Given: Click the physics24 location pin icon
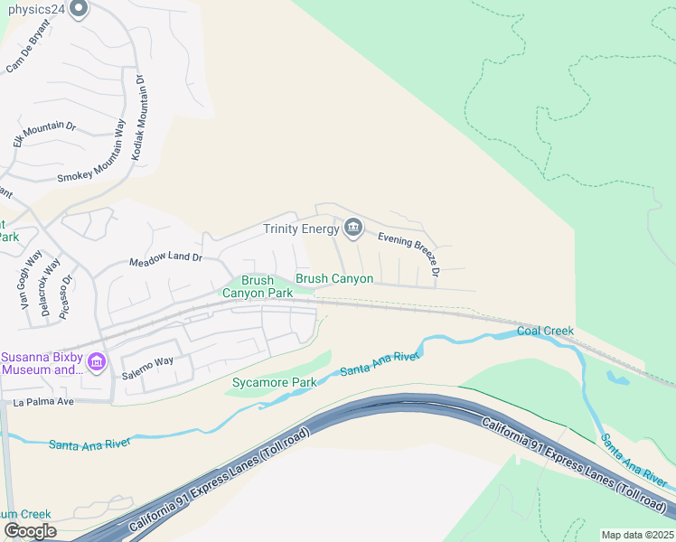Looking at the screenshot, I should tap(78, 9).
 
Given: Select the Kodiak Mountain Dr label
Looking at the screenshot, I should tap(138, 117).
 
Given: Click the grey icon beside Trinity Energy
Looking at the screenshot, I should tap(353, 229).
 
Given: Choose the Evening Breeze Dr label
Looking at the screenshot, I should tap(409, 253).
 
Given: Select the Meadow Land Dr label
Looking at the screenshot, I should tap(165, 258).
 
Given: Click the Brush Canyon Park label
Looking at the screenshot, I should tap(258, 287).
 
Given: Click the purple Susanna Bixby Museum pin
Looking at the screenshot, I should tap(99, 362).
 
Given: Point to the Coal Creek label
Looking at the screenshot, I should tap(545, 331).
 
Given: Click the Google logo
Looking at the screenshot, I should tap(30, 531).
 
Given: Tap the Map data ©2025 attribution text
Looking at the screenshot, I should tap(637, 535).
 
